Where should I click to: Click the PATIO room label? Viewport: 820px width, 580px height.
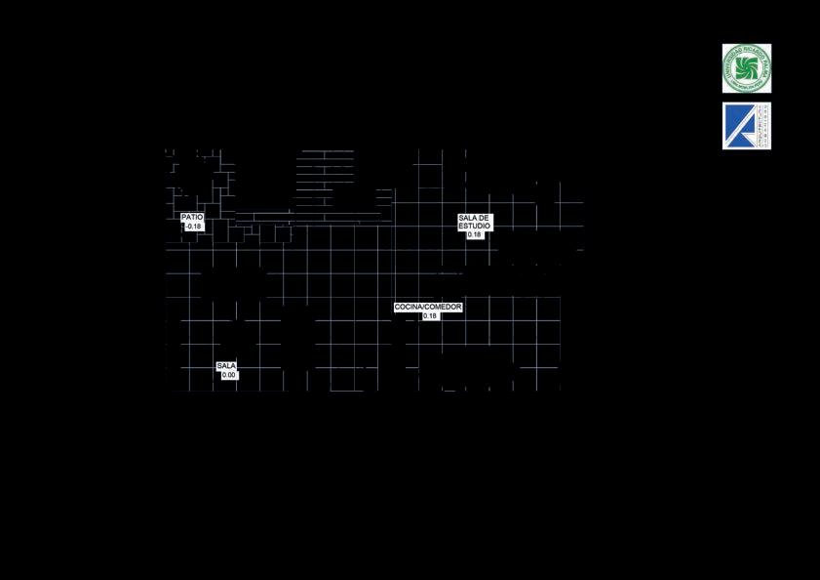coord(192,217)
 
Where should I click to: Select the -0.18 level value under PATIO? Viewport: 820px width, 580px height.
coord(193,227)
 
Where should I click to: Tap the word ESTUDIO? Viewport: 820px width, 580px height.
coord(475,226)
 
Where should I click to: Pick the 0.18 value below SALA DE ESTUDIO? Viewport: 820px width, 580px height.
coord(475,234)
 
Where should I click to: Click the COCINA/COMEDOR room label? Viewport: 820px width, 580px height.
coord(428,307)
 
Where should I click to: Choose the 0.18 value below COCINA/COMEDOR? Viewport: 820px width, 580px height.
coord(430,315)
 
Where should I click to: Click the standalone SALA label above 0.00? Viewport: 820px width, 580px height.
coord(226,366)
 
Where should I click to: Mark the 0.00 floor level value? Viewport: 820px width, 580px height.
coord(229,375)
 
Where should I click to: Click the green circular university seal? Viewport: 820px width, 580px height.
coord(746,68)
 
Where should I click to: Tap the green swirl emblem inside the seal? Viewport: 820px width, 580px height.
coord(746,68)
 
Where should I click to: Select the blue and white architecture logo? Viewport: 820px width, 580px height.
coord(746,126)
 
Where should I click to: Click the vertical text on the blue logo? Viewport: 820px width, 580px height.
coord(763,126)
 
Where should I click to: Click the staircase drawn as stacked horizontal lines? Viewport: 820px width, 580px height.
coord(325,181)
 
